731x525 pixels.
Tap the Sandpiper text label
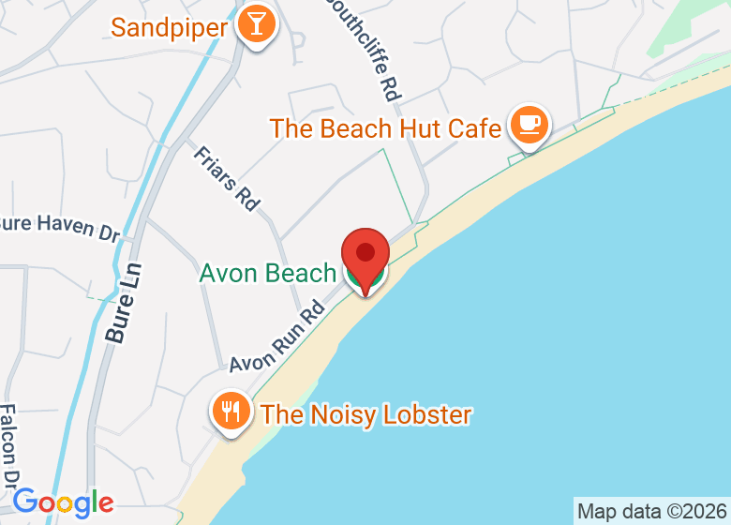point(169,26)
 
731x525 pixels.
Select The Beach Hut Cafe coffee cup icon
point(529,125)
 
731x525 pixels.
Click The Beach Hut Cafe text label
point(385,127)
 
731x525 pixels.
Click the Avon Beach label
point(267,273)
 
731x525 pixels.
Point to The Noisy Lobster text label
point(365,413)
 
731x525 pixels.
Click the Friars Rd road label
point(226,177)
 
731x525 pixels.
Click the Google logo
point(63,502)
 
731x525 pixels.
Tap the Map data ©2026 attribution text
point(651,512)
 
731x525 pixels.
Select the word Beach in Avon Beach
point(301,273)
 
